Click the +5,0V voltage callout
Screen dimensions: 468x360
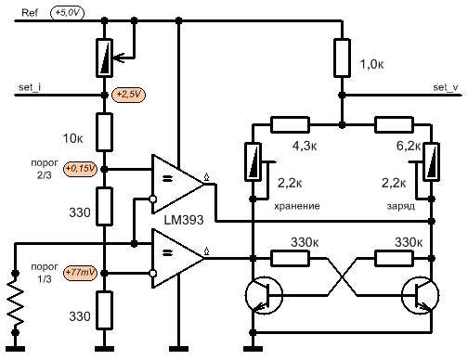coord(67,13)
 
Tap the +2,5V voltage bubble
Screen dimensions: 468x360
coord(128,95)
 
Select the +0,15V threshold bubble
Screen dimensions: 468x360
coord(80,169)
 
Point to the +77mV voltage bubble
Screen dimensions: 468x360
coord(80,273)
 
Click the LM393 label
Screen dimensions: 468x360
coord(184,220)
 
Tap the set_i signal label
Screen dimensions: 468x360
coord(30,87)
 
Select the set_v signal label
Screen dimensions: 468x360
coord(446,87)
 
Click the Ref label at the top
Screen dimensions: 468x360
coord(30,13)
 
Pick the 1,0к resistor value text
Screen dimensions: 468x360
coord(371,64)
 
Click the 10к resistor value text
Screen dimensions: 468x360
coord(72,138)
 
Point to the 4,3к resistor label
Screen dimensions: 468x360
coord(305,146)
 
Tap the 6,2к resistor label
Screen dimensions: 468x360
coord(409,146)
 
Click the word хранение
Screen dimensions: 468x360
coord(296,206)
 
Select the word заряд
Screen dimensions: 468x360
coord(400,206)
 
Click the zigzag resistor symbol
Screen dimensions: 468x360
coord(15,303)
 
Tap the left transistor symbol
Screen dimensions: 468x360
coord(264,295)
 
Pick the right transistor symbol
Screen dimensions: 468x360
coord(420,295)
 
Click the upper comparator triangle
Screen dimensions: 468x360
coord(177,184)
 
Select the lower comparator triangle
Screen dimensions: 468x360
coord(177,258)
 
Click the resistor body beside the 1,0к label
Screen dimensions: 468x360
coord(342,58)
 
